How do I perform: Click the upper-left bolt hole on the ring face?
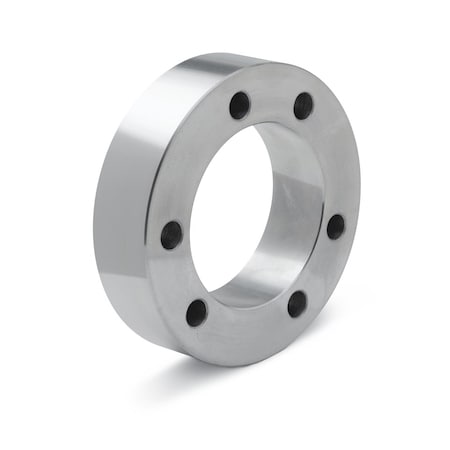coord(239,103)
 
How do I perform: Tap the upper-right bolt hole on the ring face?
coord(303,105)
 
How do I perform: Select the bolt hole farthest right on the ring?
coord(335,226)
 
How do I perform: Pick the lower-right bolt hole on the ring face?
coord(297,303)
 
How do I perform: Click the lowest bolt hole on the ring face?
coord(197,312)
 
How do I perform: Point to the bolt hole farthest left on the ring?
coord(171,234)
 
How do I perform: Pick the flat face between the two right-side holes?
coord(324,268)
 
